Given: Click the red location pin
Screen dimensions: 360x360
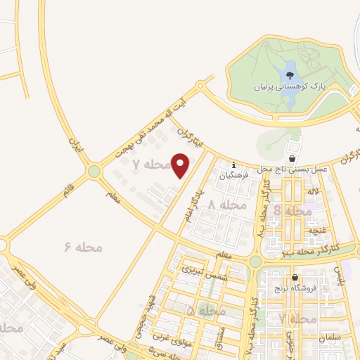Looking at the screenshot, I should (x=181, y=166).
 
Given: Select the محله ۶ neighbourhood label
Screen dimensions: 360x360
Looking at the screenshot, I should (x=83, y=247).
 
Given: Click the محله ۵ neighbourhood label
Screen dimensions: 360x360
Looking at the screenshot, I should (x=206, y=310).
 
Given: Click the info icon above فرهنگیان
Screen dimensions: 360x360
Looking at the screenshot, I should (x=234, y=166).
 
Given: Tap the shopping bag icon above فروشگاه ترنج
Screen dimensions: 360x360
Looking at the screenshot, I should (x=295, y=278).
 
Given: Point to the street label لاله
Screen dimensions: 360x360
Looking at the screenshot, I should (x=314, y=191).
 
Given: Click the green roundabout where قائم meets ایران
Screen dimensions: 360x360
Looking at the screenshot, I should (x=94, y=172).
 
